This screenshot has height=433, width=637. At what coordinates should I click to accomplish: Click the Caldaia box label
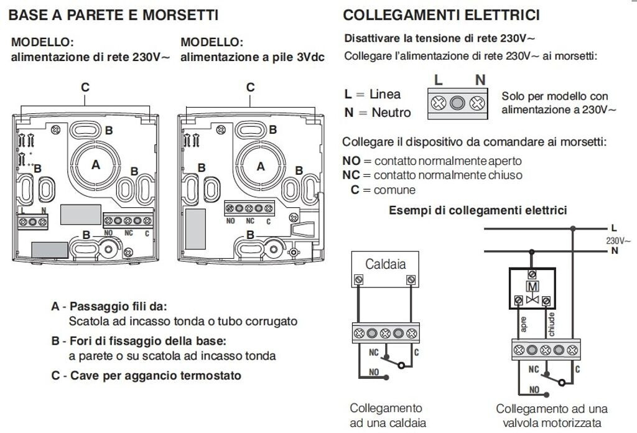(385, 264)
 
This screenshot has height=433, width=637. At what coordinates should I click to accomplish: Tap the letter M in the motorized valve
(532, 287)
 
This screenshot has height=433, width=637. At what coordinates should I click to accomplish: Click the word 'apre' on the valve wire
(523, 324)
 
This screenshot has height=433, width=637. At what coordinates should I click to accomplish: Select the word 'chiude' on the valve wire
(551, 324)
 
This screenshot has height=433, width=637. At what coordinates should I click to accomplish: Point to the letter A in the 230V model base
(96, 164)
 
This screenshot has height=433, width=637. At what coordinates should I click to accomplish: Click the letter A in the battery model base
(261, 166)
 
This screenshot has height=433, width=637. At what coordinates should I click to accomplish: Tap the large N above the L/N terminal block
(480, 80)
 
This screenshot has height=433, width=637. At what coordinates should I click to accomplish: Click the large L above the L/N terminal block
(439, 80)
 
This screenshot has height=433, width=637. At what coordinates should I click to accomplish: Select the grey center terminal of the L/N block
(457, 103)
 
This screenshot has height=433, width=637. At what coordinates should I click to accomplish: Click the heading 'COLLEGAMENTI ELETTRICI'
(442, 15)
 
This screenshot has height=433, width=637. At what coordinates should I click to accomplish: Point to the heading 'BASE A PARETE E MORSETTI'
(113, 15)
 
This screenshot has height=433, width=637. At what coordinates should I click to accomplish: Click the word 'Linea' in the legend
(384, 94)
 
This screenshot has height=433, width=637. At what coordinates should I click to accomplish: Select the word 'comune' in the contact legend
(394, 190)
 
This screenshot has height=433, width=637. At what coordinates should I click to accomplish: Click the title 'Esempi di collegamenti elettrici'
(478, 210)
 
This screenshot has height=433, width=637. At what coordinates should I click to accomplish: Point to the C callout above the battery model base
(250, 87)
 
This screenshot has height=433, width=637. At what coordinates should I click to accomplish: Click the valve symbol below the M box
(532, 300)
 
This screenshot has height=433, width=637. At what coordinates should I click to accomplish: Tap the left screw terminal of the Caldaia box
(358, 279)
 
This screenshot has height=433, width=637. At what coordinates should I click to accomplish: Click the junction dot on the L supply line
(573, 229)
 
